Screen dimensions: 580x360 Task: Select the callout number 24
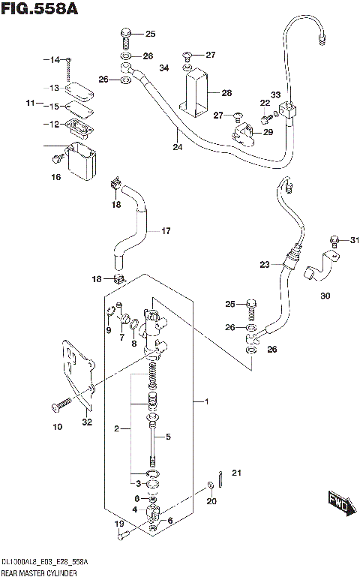click(178, 147)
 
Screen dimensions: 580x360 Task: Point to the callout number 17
click(166, 231)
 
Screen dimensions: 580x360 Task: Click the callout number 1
click(205, 402)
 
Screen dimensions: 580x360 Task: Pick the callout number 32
click(87, 422)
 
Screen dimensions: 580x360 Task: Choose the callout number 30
click(324, 296)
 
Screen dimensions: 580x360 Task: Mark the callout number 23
click(264, 264)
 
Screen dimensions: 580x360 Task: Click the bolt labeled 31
click(334, 240)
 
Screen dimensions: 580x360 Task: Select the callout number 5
click(168, 437)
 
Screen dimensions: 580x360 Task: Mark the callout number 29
click(268, 132)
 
